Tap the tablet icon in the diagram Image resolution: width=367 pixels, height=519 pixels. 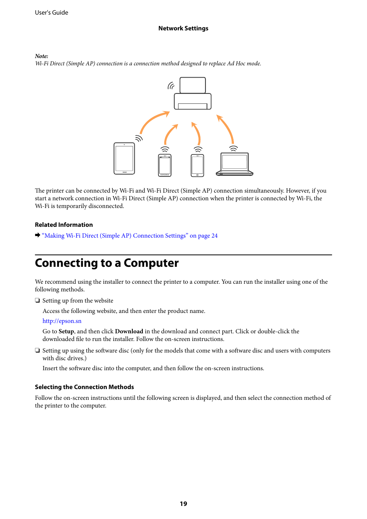pyautogui.click(x=124, y=158)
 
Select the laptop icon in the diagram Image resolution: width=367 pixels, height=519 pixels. pyautogui.click(x=235, y=164)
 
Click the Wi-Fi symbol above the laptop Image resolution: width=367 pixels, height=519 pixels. pyautogui.click(x=234, y=148)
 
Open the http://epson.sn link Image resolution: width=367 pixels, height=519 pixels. pyautogui.click(x=62, y=321)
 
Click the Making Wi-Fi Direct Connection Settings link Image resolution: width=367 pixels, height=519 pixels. pyautogui.click(x=130, y=236)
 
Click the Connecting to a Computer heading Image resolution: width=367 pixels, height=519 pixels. pyautogui.click(x=107, y=263)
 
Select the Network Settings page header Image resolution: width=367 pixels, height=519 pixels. pyautogui.click(x=183, y=28)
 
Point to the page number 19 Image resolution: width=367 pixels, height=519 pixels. pyautogui.click(x=183, y=504)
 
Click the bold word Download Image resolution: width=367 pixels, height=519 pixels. pyautogui.click(x=129, y=331)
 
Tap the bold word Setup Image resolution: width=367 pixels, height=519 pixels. pyautogui.click(x=66, y=331)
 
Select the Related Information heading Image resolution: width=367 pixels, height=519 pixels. pyautogui.click(x=64, y=225)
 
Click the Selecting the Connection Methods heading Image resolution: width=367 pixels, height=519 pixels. pyautogui.click(x=84, y=387)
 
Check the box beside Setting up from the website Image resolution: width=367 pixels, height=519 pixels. pyautogui.click(x=37, y=300)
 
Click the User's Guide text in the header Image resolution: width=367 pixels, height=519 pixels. pyautogui.click(x=52, y=13)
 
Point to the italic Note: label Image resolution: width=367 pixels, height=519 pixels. pyautogui.click(x=42, y=56)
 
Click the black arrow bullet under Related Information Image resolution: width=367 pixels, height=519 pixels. pyautogui.click(x=38, y=235)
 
